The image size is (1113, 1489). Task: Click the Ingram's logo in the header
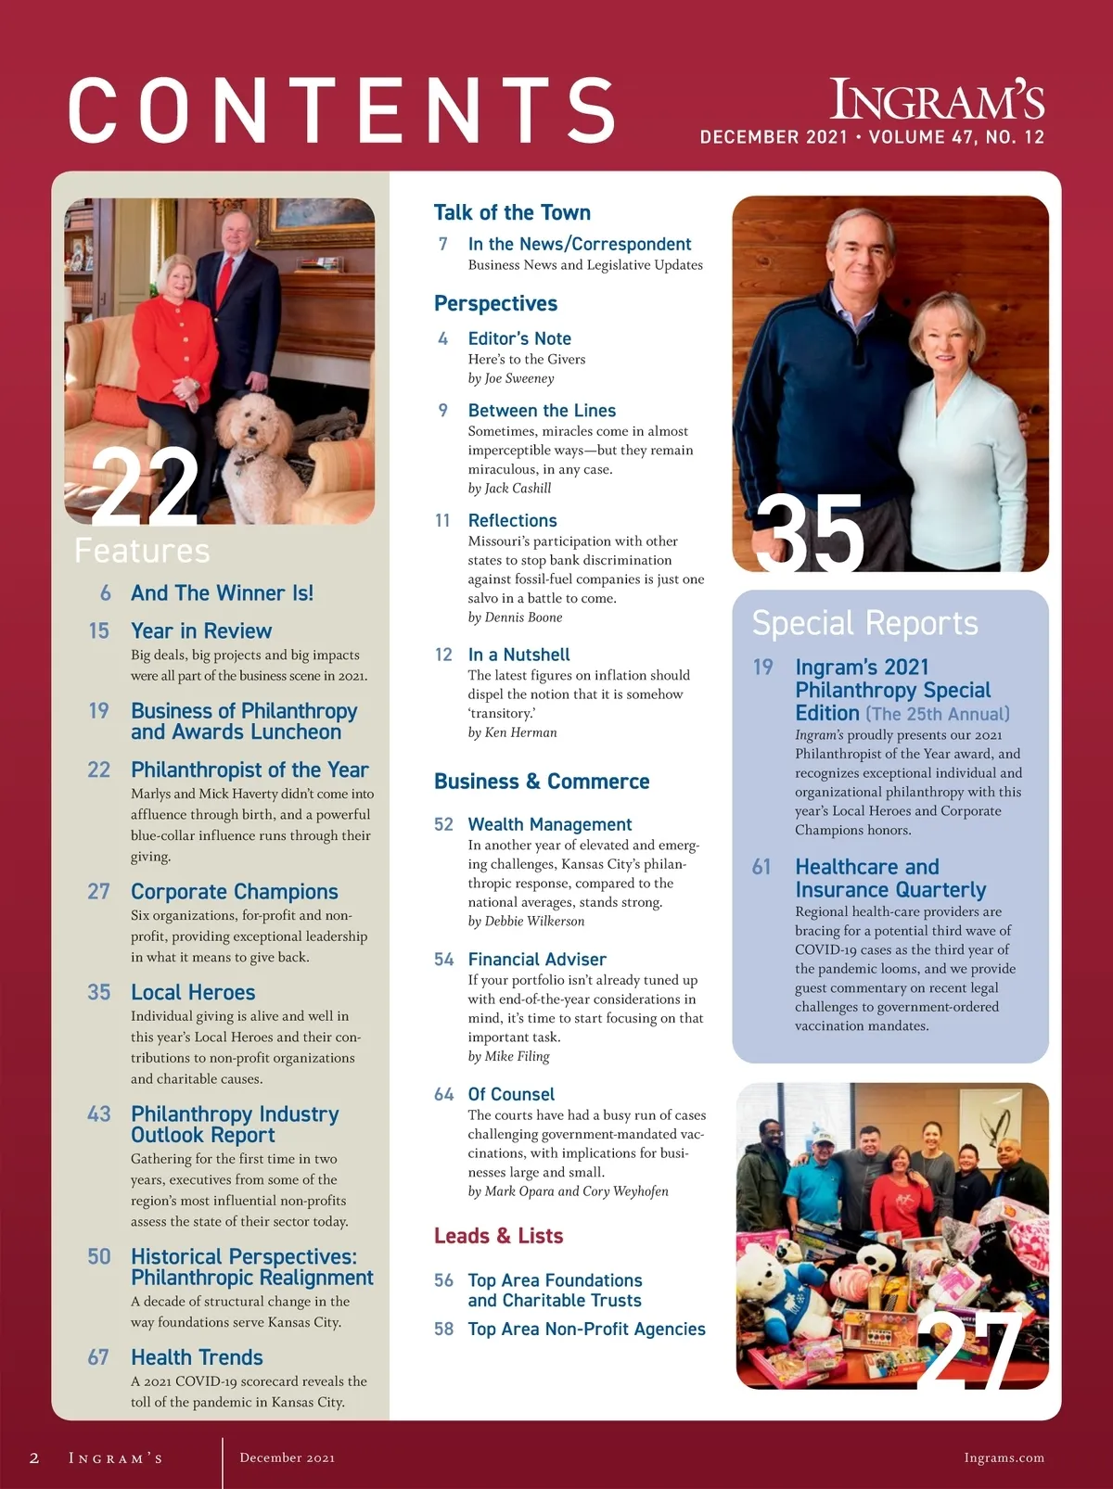click(937, 100)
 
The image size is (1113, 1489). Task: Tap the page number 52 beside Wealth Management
click(443, 824)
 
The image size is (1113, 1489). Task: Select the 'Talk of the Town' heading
click(512, 212)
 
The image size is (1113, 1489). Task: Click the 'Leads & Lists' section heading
click(498, 1236)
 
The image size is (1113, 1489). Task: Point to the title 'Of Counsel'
click(511, 1094)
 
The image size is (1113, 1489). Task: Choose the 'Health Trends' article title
click(197, 1357)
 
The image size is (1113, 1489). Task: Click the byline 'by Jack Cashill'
click(509, 489)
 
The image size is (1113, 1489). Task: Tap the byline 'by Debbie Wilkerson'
click(526, 921)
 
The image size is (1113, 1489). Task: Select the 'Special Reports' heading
click(864, 623)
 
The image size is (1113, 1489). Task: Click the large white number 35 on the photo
click(810, 533)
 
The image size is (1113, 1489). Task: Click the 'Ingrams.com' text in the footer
click(1004, 1457)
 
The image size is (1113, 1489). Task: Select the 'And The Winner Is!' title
click(222, 593)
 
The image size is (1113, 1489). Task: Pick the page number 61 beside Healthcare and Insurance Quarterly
click(761, 867)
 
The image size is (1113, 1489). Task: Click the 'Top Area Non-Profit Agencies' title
click(586, 1329)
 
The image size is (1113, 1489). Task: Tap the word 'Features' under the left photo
click(142, 551)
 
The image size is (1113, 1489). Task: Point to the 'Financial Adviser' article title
click(537, 960)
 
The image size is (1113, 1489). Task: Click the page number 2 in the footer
click(34, 1457)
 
